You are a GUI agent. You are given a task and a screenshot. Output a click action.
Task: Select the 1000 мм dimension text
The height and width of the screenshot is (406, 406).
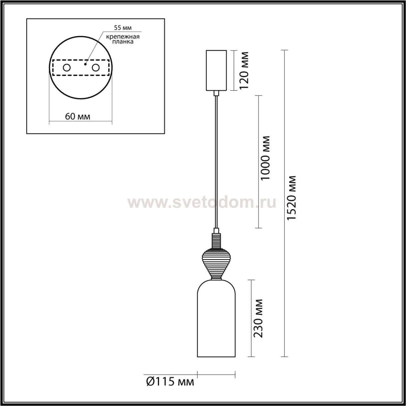265,158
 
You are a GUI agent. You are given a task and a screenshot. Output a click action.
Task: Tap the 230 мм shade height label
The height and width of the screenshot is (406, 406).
258,318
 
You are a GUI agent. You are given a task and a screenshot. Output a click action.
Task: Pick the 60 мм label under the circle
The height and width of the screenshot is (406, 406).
77,116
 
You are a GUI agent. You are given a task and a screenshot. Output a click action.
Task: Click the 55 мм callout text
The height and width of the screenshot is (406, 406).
123,28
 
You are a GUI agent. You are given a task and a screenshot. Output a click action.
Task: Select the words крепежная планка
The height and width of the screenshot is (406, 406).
123,39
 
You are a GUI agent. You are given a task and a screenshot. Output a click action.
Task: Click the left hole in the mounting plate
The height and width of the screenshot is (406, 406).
67,68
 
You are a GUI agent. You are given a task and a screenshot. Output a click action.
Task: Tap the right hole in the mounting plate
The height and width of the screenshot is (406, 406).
95,68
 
